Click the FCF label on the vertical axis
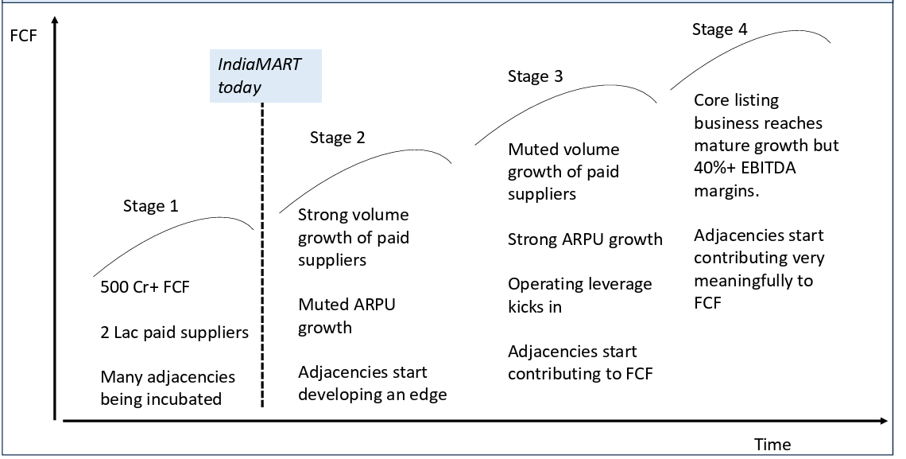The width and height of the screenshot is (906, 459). (23, 36)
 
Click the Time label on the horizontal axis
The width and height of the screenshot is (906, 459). (772, 444)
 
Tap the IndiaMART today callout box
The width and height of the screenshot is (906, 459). (265, 76)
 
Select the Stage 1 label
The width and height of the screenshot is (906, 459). (151, 206)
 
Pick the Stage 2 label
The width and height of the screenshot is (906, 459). (338, 138)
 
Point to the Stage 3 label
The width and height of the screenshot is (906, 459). (535, 76)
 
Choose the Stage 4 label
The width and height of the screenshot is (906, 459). (720, 29)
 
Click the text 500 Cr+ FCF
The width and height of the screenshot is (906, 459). (145, 287)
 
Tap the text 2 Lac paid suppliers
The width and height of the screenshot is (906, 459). (175, 333)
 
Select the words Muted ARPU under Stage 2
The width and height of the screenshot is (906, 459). (347, 305)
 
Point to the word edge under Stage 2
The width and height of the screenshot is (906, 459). (427, 395)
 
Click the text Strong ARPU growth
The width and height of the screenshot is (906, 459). (585, 239)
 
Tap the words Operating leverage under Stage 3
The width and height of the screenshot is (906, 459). (579, 285)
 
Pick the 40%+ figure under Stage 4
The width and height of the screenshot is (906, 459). (716, 168)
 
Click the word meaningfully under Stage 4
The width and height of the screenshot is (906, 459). (753, 281)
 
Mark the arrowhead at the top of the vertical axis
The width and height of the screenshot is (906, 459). (55, 21)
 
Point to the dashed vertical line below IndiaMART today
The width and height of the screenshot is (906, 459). (262, 255)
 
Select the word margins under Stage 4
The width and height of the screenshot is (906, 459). (726, 192)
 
